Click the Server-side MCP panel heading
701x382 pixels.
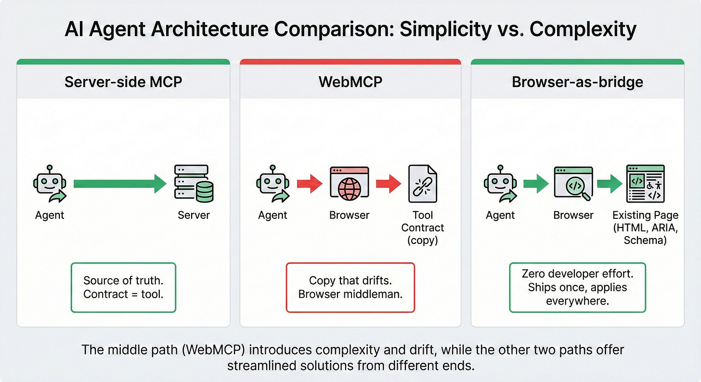(x=123, y=82)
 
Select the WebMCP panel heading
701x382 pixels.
(x=350, y=82)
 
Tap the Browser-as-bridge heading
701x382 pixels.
(x=577, y=82)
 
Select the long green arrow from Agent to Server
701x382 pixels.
(x=120, y=183)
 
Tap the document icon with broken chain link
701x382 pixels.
(x=422, y=184)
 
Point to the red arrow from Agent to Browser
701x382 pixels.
(x=309, y=184)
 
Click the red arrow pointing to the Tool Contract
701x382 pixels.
(x=388, y=184)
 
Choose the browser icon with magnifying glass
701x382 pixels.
(x=573, y=184)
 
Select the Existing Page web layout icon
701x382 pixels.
(x=645, y=183)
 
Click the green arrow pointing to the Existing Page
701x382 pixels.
(x=610, y=184)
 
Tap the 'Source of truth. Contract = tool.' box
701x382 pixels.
(x=123, y=287)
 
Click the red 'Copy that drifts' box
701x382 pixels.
(x=350, y=287)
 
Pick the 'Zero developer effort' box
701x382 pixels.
(x=577, y=287)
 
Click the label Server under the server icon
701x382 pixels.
(x=194, y=215)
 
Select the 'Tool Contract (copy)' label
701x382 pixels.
(x=423, y=228)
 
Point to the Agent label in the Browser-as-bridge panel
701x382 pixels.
(x=500, y=215)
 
